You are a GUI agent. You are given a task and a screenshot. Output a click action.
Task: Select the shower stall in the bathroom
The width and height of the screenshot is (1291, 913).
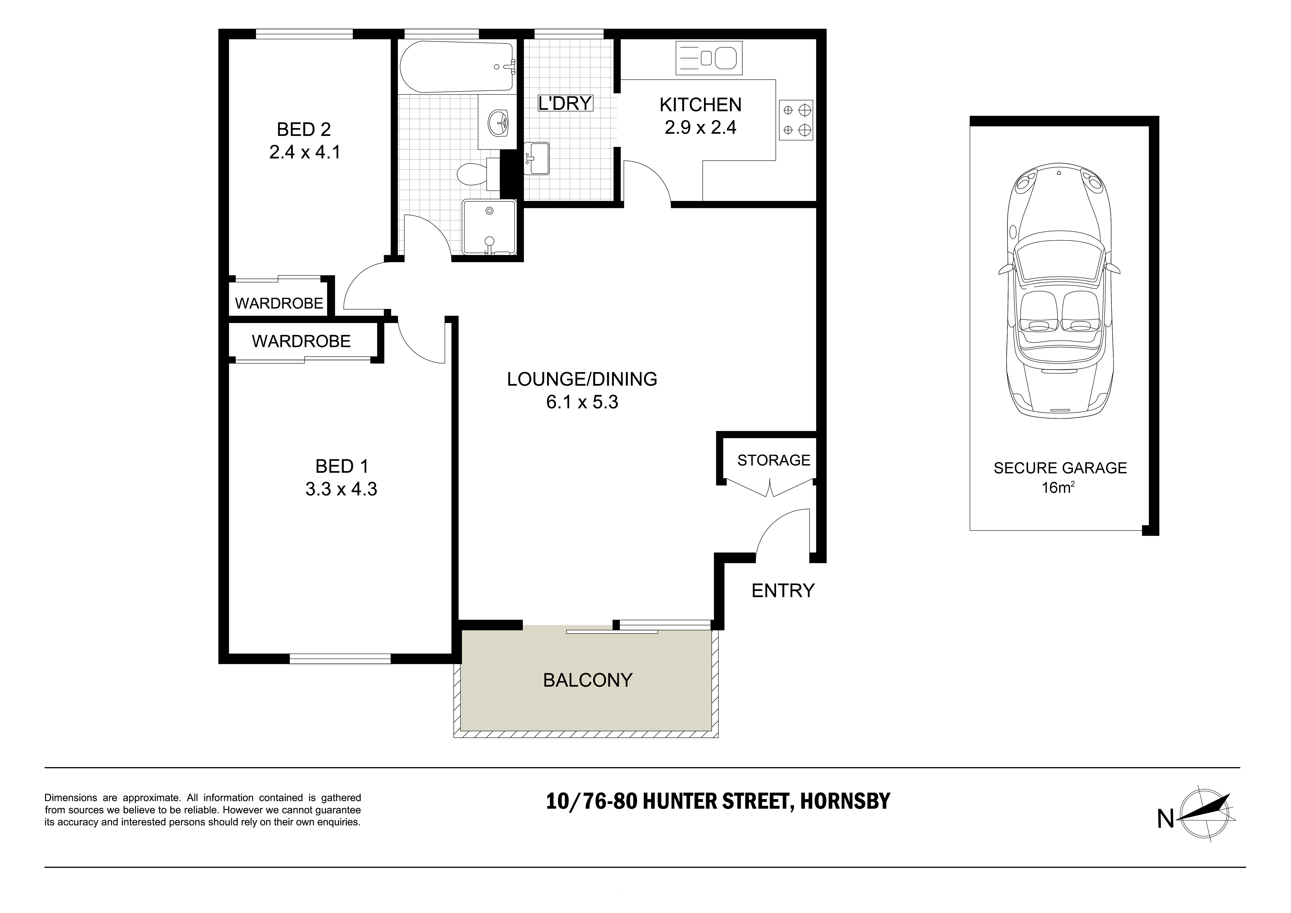pyautogui.click(x=488, y=227)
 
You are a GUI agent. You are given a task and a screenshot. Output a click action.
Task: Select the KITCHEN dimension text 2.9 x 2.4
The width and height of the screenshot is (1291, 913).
pyautogui.click(x=700, y=128)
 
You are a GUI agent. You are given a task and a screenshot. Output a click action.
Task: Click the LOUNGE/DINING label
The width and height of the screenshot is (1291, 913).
pyautogui.click(x=582, y=379)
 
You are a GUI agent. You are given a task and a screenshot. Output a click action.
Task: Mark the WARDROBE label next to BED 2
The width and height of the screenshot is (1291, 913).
pyautogui.click(x=279, y=304)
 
